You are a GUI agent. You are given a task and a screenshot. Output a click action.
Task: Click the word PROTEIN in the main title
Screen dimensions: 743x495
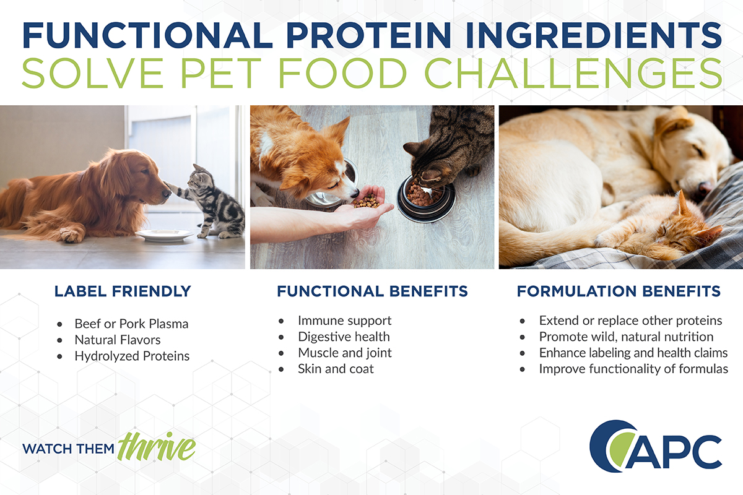(x=368, y=35)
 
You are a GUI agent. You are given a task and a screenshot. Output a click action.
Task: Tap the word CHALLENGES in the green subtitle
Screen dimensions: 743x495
(x=573, y=73)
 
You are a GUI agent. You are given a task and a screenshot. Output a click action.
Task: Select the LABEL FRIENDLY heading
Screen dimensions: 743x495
(x=123, y=291)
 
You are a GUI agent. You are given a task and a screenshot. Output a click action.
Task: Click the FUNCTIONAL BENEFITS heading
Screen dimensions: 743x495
(x=372, y=291)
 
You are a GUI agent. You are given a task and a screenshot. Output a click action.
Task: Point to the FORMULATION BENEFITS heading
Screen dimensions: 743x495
(x=619, y=291)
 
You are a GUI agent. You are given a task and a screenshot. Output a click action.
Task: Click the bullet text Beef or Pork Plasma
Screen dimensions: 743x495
(x=131, y=324)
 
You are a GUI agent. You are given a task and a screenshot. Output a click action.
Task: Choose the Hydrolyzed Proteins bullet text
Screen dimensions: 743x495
(x=132, y=356)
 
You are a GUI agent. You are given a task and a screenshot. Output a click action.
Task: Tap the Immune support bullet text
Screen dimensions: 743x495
(x=345, y=321)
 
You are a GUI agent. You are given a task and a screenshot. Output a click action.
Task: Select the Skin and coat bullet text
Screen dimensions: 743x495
(x=336, y=369)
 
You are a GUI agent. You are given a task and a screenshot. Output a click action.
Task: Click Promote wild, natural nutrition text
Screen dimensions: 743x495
(x=626, y=337)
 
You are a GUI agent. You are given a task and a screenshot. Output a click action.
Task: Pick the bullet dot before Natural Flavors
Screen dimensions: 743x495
(x=59, y=340)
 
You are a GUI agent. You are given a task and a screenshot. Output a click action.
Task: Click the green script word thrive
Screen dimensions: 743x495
(x=157, y=446)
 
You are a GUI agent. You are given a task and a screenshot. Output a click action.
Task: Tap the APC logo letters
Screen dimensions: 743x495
(x=674, y=452)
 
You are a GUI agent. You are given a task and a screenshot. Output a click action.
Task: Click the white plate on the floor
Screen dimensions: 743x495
(x=165, y=235)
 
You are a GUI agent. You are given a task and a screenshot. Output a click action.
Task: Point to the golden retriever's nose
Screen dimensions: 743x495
(x=167, y=192)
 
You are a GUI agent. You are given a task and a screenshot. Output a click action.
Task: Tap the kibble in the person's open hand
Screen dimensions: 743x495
(x=367, y=201)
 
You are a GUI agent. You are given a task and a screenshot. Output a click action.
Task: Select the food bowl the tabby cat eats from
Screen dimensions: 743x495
(x=426, y=199)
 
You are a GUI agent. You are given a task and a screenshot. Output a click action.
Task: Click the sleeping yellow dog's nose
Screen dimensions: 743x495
(x=705, y=187)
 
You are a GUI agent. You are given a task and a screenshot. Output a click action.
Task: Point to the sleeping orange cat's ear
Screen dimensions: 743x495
(x=682, y=202)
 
